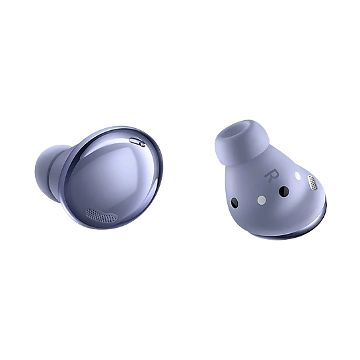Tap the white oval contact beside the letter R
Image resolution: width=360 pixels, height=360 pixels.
pyautogui.click(x=298, y=176)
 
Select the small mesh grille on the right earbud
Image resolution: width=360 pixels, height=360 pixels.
pyautogui.click(x=312, y=182)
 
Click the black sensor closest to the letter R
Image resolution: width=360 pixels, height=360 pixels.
pyautogui.click(x=284, y=192)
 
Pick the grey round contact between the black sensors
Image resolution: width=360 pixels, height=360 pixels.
pyautogui.click(x=262, y=200)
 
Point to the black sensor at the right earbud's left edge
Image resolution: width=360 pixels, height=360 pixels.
pyautogui.click(x=234, y=203)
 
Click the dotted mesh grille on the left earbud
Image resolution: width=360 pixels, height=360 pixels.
pyautogui.click(x=102, y=216)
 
